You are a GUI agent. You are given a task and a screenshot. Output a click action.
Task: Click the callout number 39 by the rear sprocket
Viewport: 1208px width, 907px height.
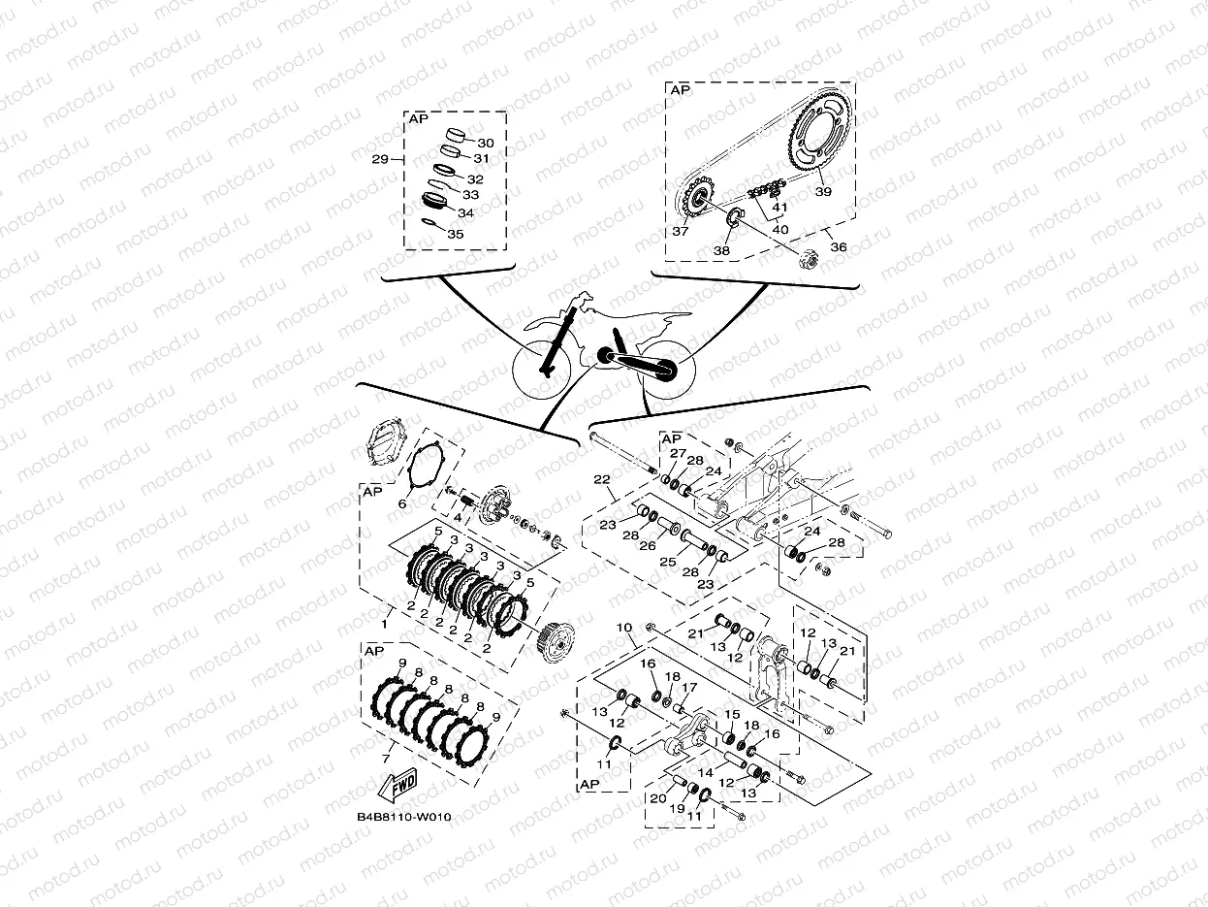coord(823,192)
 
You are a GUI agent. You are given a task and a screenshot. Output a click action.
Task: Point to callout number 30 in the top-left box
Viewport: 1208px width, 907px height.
coord(486,143)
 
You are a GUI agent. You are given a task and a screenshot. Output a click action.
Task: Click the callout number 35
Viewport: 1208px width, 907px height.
coord(455,234)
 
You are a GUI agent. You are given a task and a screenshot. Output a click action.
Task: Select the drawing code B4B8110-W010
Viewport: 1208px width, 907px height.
coord(403,817)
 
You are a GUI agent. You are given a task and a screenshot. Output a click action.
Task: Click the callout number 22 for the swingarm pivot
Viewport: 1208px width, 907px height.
coord(601,479)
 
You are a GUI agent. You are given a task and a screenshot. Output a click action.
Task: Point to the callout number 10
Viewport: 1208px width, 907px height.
coord(623,628)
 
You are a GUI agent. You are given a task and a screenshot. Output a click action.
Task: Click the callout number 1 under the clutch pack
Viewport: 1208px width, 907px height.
coord(386,612)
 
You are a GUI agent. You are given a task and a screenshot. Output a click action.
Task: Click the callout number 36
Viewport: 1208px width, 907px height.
coord(839,247)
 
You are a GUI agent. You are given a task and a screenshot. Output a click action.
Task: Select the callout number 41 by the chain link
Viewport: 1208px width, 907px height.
coord(780,208)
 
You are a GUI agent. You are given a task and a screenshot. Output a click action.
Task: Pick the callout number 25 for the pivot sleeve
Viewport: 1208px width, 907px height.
coord(666,563)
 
